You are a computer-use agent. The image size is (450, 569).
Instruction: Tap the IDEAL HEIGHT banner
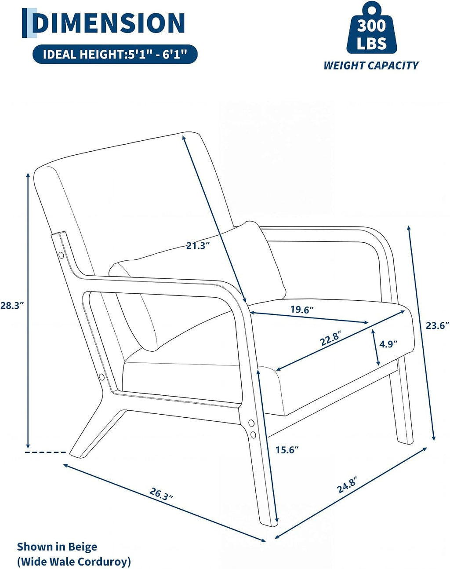(x=115, y=55)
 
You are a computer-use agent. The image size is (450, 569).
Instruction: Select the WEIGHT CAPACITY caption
(x=371, y=66)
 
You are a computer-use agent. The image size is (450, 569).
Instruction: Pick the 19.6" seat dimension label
(x=302, y=310)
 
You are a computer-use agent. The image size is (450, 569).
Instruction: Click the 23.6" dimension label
(x=437, y=325)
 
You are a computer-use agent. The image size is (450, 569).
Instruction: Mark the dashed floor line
(x=45, y=452)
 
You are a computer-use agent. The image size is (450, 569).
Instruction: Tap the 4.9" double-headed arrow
(x=376, y=347)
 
